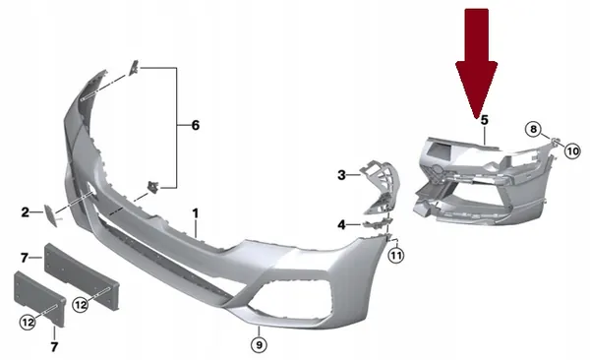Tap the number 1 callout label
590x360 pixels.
tap(195, 212)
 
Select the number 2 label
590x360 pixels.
tap(26, 211)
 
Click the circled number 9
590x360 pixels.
tap(258, 344)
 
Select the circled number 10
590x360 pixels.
tap(572, 150)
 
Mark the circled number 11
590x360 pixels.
tap(395, 257)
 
